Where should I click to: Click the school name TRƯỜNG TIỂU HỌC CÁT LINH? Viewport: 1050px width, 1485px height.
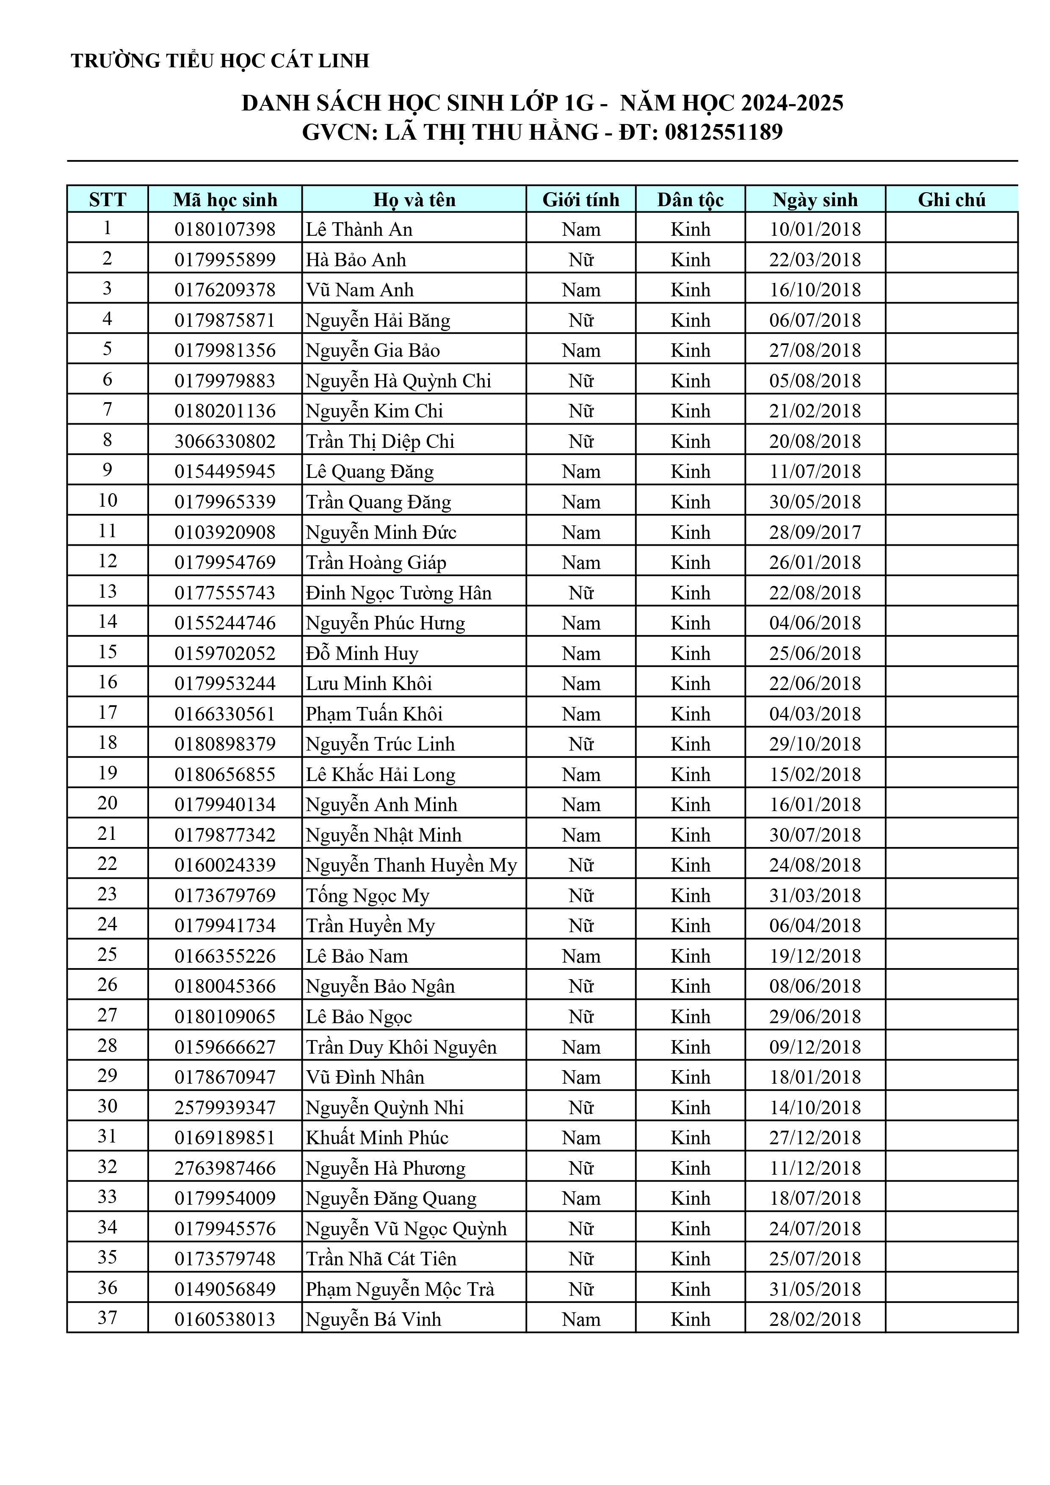(x=220, y=61)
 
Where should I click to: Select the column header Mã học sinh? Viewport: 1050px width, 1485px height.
(x=225, y=200)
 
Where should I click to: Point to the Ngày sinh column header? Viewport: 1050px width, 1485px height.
(x=815, y=200)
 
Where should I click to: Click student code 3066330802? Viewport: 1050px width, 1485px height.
(x=225, y=442)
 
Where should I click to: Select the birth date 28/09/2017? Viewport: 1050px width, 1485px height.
(x=815, y=532)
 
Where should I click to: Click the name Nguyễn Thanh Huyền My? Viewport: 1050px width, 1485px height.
(x=412, y=865)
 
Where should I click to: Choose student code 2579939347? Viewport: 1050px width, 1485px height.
(x=225, y=1108)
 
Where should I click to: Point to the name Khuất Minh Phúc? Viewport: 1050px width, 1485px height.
(x=377, y=1138)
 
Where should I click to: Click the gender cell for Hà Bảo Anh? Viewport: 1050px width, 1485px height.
(x=581, y=260)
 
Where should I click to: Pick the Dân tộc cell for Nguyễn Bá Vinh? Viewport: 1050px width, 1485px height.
(x=690, y=1319)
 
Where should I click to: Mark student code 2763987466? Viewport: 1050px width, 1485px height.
(x=225, y=1168)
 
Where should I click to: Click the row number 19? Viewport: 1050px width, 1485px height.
(x=108, y=773)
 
